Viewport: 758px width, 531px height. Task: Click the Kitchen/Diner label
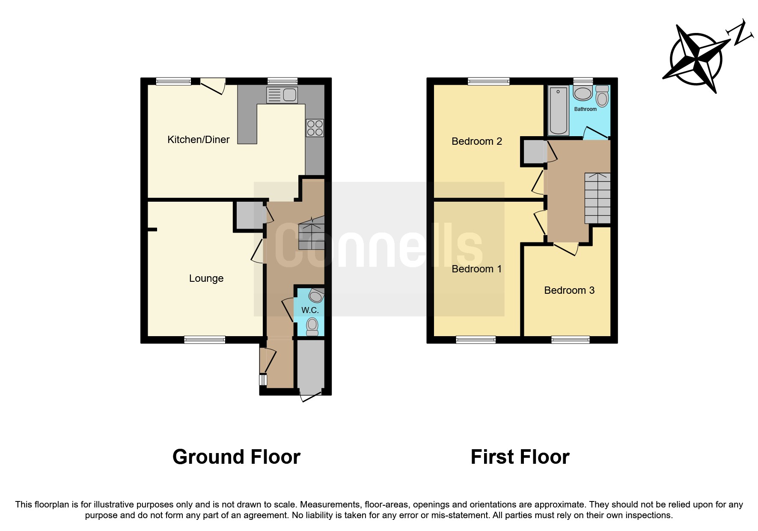tap(198, 140)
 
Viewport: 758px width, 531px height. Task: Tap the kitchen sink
tap(282, 95)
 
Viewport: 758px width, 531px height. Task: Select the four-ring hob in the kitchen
tap(315, 128)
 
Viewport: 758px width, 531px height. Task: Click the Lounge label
tap(206, 278)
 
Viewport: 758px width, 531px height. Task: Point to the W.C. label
tap(310, 310)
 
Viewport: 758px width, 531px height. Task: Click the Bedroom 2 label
tap(476, 141)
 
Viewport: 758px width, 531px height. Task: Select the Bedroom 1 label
tap(476, 269)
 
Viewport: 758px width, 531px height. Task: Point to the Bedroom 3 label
tap(569, 290)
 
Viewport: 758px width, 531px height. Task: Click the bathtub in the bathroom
tap(558, 110)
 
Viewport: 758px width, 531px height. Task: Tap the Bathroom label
tap(585, 109)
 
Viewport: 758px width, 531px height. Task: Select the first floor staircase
tap(597, 198)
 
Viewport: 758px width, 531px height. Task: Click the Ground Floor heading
tap(236, 457)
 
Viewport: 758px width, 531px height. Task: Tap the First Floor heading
tap(520, 457)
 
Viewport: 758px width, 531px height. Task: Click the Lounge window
tap(205, 340)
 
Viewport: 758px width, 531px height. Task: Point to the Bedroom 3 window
tap(570, 340)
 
